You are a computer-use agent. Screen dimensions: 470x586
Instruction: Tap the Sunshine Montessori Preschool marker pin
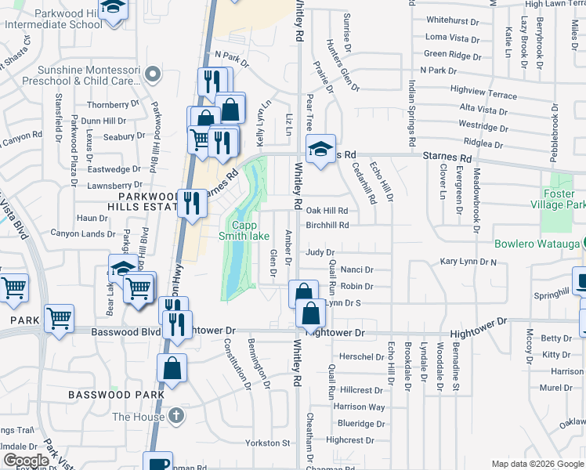coord(153,75)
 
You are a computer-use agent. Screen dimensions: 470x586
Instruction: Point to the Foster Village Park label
coord(563,199)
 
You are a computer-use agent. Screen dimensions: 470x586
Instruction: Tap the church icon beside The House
coord(177,416)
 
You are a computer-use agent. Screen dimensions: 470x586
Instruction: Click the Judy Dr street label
coord(320,252)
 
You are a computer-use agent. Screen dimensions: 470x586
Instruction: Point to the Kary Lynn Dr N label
coord(468,261)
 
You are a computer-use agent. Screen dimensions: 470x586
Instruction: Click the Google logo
coord(25,461)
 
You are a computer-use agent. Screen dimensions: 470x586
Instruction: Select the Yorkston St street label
coord(268,443)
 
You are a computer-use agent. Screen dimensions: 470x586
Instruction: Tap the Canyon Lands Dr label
coord(82,233)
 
